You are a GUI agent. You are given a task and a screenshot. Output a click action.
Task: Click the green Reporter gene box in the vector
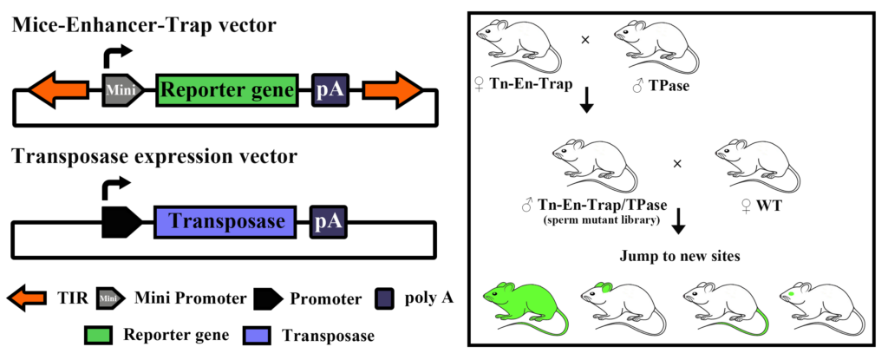229,89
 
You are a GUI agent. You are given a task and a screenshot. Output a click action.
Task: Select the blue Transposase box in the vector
226,222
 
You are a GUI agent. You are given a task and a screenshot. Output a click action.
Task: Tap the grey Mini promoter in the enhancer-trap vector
121,89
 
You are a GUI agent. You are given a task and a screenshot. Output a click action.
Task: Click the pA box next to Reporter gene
330,90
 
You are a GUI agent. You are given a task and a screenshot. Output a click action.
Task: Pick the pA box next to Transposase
330,222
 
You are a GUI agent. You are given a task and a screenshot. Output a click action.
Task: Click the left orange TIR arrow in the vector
57,89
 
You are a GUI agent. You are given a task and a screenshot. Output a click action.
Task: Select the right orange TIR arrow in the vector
392,89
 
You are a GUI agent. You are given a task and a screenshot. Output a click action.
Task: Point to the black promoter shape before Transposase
121,222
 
